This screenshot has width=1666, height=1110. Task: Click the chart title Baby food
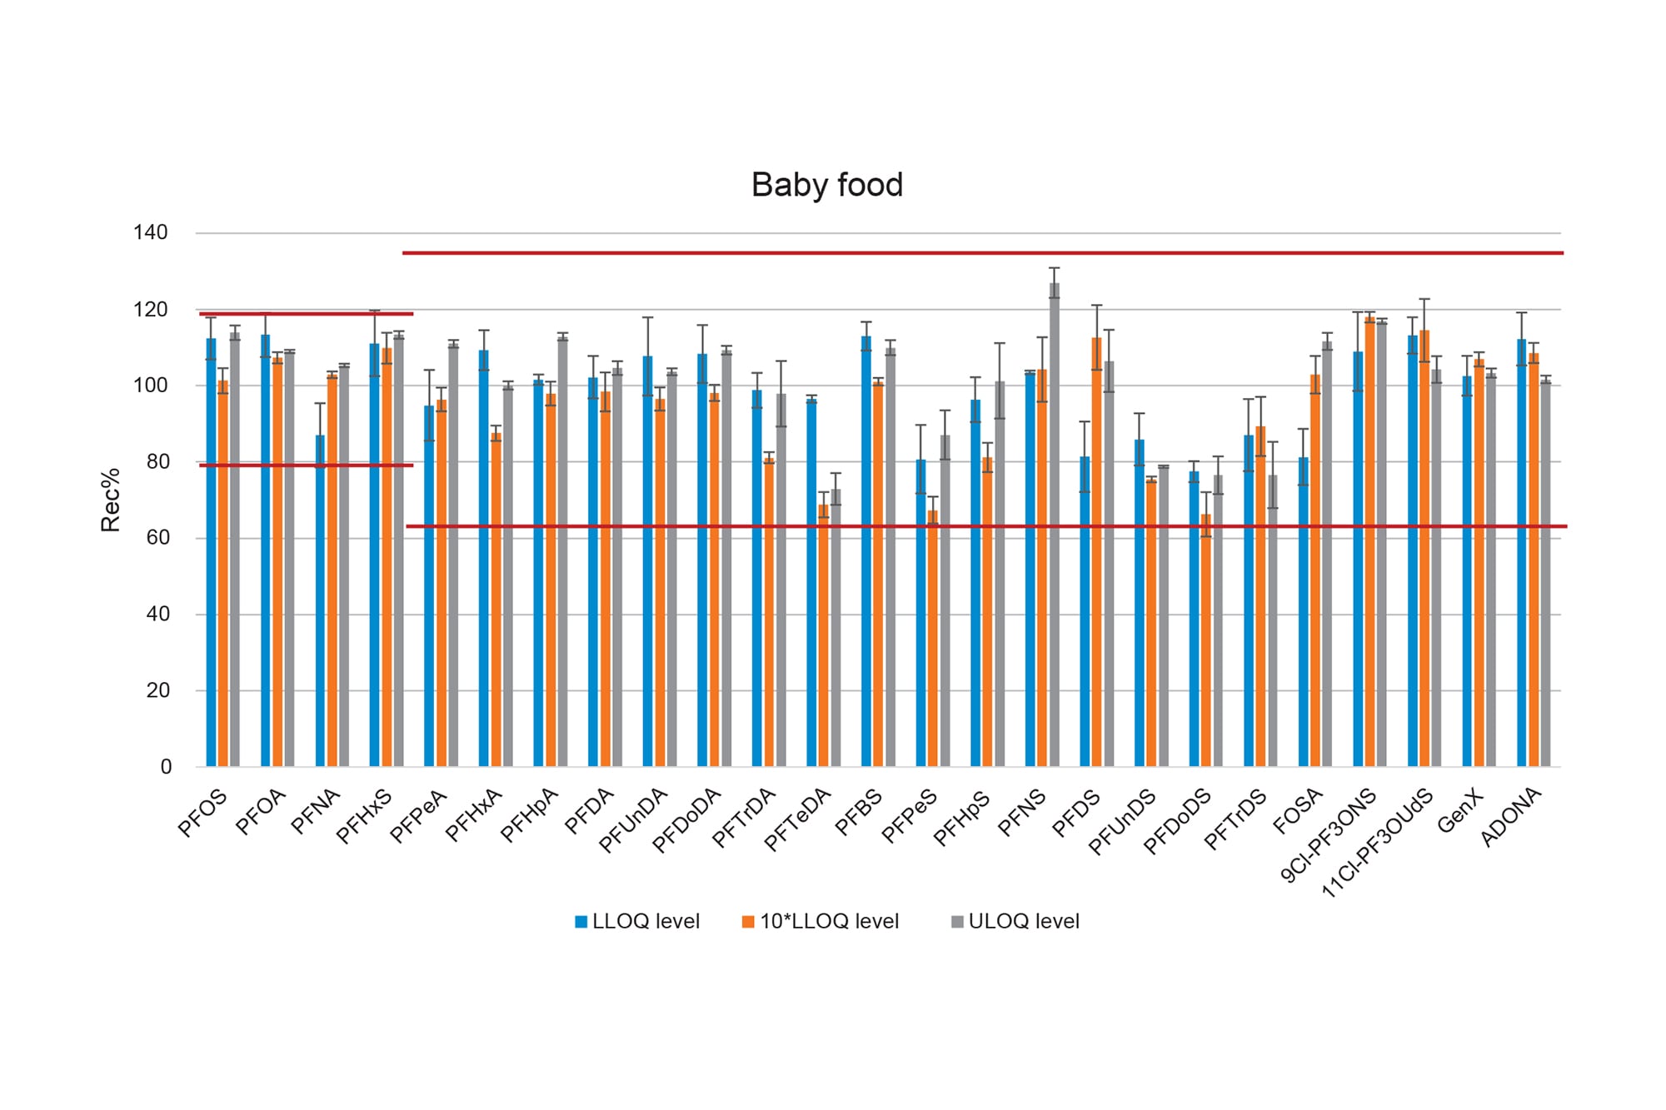(826, 185)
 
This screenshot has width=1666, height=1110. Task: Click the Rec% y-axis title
(111, 500)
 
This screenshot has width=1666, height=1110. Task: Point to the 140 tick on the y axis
(150, 232)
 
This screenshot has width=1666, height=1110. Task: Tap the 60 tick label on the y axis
(157, 538)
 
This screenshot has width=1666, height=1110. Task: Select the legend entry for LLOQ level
(637, 922)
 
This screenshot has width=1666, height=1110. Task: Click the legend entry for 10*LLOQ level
(821, 922)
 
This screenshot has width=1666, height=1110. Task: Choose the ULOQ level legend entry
(1015, 922)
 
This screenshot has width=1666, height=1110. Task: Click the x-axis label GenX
(1459, 812)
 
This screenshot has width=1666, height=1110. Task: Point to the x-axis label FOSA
(1297, 813)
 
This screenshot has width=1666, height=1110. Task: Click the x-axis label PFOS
(202, 814)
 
